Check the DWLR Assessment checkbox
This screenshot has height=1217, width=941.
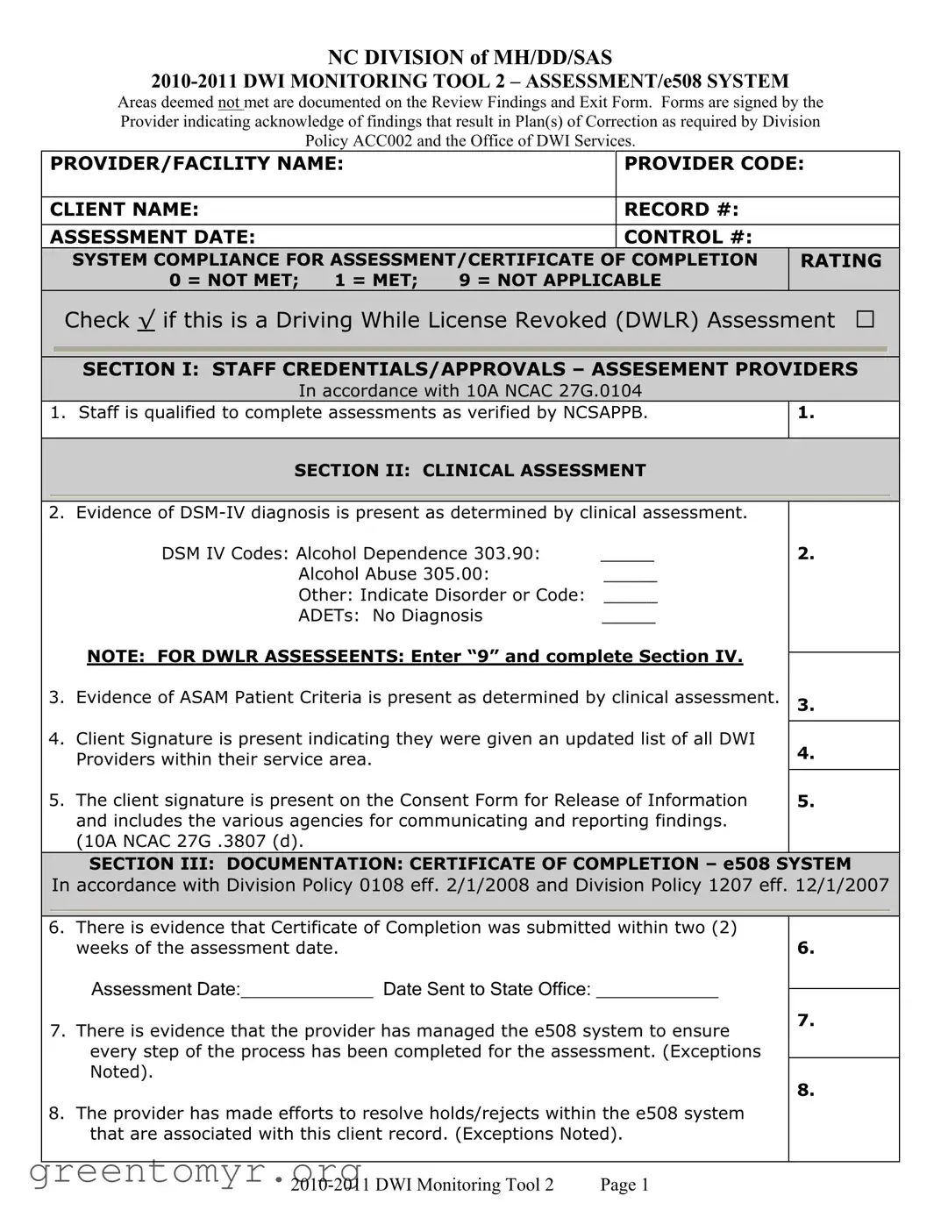click(865, 320)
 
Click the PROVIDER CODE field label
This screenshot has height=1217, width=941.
click(713, 164)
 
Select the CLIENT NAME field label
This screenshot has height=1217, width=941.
click(125, 210)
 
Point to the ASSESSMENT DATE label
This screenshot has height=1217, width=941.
click(153, 237)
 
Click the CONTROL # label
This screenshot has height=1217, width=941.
click(688, 237)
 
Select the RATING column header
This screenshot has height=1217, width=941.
click(840, 261)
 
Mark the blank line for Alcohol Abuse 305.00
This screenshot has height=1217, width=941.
click(630, 579)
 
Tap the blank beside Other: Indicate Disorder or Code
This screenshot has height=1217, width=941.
click(631, 600)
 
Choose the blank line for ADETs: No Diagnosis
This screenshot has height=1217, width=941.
click(628, 621)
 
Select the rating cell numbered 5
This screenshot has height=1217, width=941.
click(843, 810)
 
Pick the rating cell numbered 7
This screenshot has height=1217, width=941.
click(843, 1022)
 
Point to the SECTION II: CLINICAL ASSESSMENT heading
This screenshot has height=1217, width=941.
click(469, 471)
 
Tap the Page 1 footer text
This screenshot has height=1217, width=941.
click(624, 1185)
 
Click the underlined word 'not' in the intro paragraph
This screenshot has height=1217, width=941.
click(229, 103)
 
